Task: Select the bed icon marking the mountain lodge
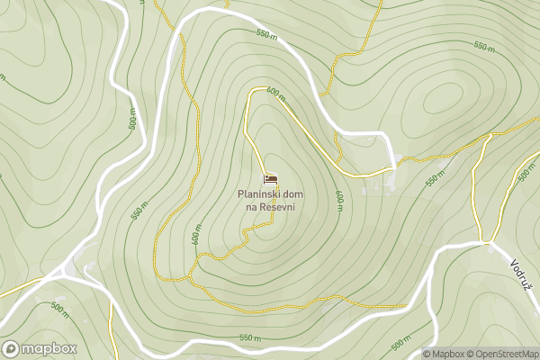tap(270, 179)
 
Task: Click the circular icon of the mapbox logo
tap(12, 348)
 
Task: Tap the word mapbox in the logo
tap(49, 348)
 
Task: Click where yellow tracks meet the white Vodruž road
tap(486, 241)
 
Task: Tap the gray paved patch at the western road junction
tap(70, 267)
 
